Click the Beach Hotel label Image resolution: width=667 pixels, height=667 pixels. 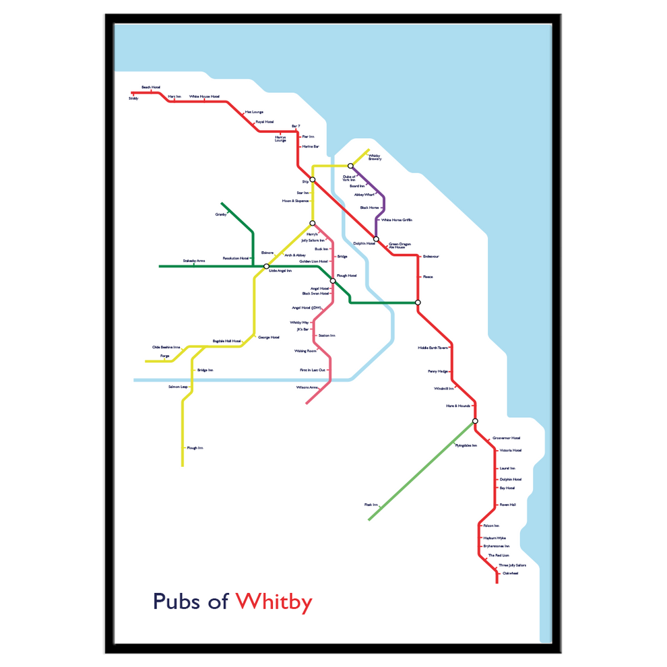151,87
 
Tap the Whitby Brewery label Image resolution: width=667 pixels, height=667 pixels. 375,158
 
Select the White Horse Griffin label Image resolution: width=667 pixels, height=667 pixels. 397,220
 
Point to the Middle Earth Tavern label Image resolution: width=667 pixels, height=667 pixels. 433,348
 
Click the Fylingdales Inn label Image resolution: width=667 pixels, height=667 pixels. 466,445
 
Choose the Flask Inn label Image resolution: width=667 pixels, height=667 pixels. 371,504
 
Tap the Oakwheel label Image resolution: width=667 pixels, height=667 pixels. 511,573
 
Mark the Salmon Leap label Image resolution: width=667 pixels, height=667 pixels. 178,387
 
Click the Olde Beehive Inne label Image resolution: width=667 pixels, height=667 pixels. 166,347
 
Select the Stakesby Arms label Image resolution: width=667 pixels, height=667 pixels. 193,260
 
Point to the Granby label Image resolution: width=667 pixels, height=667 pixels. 221,214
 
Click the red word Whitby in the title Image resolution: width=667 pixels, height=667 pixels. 274,600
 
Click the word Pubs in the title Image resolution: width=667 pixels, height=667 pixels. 177,600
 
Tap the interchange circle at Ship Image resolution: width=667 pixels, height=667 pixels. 313,179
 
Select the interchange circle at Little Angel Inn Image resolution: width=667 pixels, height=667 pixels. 266,266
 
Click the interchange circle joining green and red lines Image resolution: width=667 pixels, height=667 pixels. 418,303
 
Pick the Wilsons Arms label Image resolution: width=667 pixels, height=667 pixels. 307,387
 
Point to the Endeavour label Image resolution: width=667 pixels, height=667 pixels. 431,256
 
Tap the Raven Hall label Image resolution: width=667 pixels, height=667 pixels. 507,505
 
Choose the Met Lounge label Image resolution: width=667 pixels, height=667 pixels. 253,112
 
